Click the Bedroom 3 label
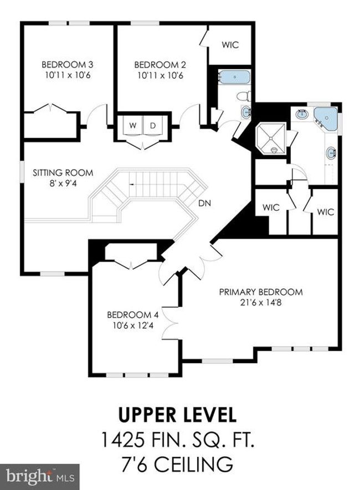click(67, 65)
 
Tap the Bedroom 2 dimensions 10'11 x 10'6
click(160, 75)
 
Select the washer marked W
click(133, 126)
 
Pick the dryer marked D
click(153, 126)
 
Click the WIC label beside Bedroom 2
click(230, 45)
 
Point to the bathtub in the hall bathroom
click(234, 77)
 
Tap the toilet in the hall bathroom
click(244, 96)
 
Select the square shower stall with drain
click(271, 138)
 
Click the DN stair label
click(205, 203)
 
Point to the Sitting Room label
click(63, 172)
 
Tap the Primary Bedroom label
click(261, 292)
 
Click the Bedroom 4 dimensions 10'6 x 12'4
click(133, 325)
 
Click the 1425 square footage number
click(122, 439)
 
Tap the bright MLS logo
click(40, 477)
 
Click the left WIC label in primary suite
click(271, 207)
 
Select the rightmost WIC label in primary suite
click(325, 212)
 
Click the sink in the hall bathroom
click(246, 112)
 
